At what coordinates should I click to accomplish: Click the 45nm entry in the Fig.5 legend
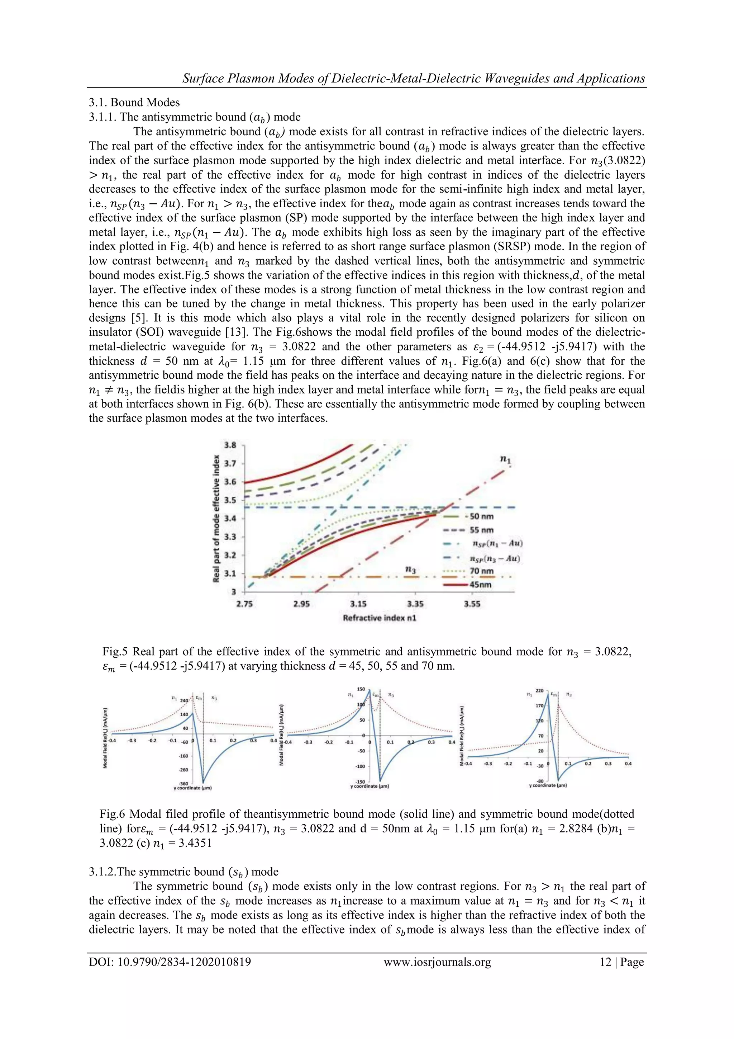tap(480, 585)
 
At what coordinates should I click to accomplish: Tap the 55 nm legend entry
tap(482, 530)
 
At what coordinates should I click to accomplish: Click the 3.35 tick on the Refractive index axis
tap(415, 604)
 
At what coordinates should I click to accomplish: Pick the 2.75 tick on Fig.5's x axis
tap(245, 604)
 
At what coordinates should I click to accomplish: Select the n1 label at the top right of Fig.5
tap(505, 459)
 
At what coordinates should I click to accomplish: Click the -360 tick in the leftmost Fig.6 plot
tap(183, 783)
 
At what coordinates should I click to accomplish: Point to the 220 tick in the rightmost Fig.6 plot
tap(539, 691)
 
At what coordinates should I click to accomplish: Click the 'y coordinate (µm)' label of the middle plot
tap(370, 786)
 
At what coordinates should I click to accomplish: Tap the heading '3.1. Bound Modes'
tap(134, 103)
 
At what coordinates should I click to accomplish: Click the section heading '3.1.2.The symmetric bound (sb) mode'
tap(183, 872)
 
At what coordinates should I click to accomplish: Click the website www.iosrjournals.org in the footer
tap(437, 962)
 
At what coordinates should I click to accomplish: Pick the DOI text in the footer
tap(170, 962)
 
